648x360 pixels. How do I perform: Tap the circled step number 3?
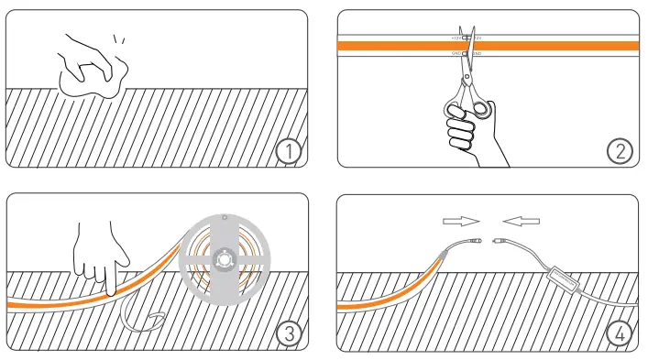[289, 334]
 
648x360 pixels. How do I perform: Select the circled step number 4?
[620, 334]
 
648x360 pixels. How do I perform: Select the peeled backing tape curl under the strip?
[143, 316]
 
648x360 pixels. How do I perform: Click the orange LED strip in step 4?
[376, 300]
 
